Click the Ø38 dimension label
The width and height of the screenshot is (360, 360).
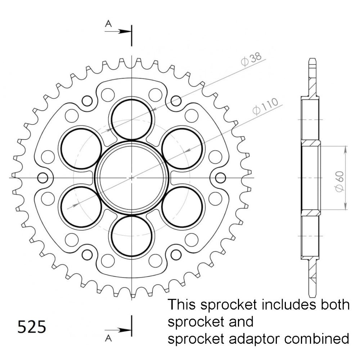(252, 60)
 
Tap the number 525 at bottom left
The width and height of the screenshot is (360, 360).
(32, 327)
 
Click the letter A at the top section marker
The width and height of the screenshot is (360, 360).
(108, 24)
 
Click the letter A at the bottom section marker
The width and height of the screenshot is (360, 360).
(108, 337)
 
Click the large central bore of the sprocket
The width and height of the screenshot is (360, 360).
(132, 177)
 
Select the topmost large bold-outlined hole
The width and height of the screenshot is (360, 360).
(132, 119)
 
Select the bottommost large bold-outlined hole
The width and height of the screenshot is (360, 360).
(132, 236)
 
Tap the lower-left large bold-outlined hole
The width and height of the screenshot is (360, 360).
(81, 207)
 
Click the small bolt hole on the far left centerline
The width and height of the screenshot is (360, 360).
(43, 177)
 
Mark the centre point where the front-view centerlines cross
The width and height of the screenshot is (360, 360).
(132, 177)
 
